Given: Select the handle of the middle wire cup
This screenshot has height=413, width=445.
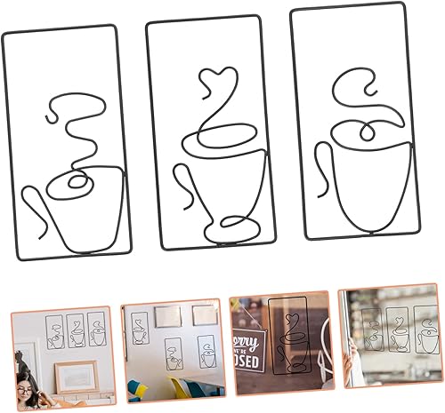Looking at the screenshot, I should point(182,182).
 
